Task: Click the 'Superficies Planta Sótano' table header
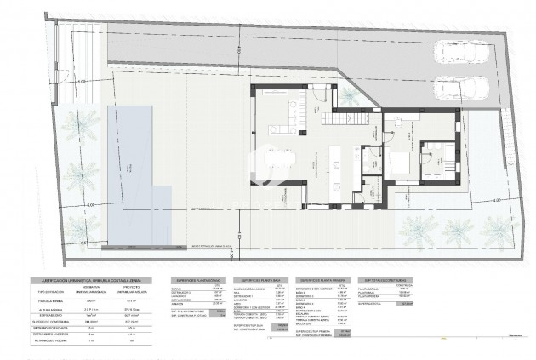coord(200,279)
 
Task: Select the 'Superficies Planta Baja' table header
coord(265,279)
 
